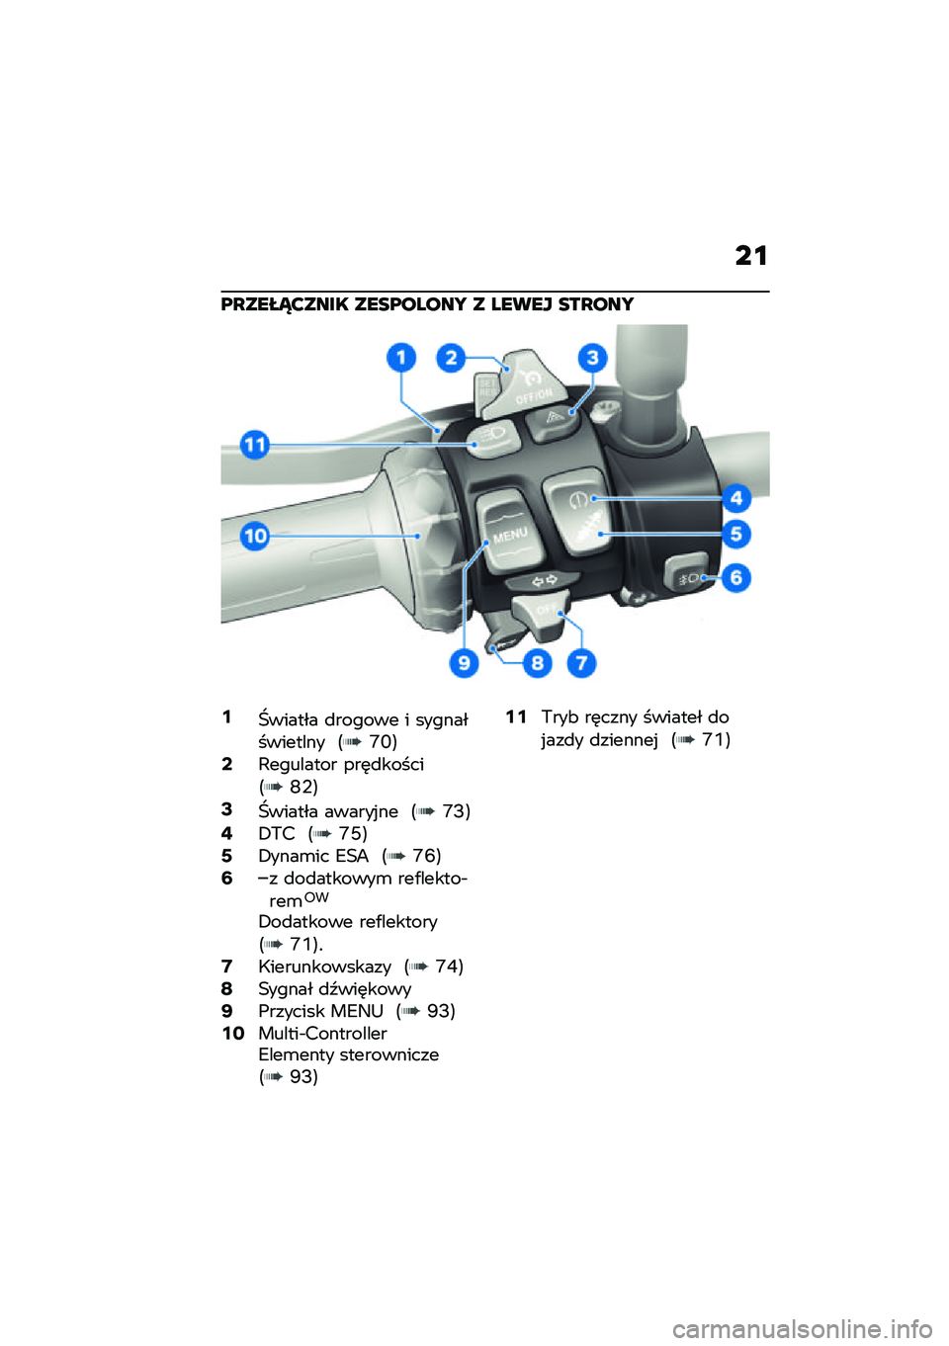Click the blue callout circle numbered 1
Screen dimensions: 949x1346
pyautogui.click(x=401, y=358)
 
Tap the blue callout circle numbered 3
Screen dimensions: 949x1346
pyautogui.click(x=592, y=358)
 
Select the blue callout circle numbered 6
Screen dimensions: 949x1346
pyautogui.click(x=735, y=578)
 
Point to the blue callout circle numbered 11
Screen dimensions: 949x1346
pyautogui.click(x=255, y=446)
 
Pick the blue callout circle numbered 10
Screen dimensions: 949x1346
pyautogui.click(x=255, y=536)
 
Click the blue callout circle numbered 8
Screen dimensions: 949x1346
pyautogui.click(x=538, y=663)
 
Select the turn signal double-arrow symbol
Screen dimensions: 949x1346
pyautogui.click(x=545, y=580)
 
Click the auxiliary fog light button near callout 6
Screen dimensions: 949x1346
pyautogui.click(x=686, y=575)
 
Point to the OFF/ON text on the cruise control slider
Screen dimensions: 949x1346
pyautogui.click(x=534, y=395)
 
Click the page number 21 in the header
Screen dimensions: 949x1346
pyautogui.click(x=751, y=257)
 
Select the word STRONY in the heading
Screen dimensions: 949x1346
pyautogui.click(x=596, y=304)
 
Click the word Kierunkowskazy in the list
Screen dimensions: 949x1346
pyautogui.click(x=324, y=967)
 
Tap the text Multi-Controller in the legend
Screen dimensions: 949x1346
pyautogui.click(x=322, y=1034)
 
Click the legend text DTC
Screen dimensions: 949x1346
pyautogui.click(x=277, y=834)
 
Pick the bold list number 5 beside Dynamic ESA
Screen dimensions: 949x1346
pyautogui.click(x=226, y=856)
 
